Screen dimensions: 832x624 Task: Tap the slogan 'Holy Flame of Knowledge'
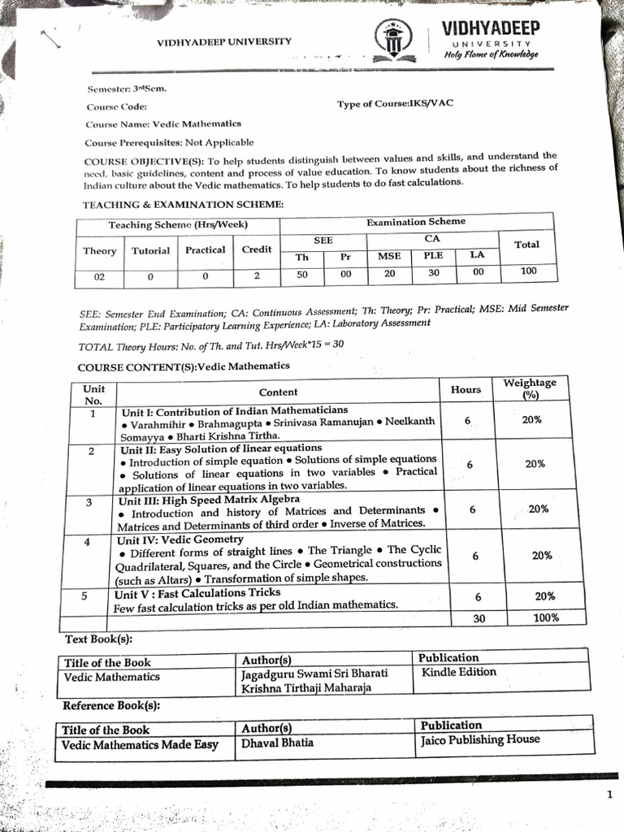point(490,54)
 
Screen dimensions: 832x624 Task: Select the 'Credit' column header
point(257,249)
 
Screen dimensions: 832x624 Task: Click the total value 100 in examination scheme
point(528,271)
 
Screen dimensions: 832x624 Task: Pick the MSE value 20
point(390,274)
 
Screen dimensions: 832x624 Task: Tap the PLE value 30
point(434,273)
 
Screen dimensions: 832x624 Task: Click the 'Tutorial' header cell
point(151,250)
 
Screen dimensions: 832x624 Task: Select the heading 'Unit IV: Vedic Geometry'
point(180,539)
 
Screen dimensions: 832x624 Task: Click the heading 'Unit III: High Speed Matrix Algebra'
point(210,499)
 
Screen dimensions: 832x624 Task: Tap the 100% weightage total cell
point(545,617)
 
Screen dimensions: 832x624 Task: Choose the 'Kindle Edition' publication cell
point(458,673)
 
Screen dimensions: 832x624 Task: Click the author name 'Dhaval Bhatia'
point(277,743)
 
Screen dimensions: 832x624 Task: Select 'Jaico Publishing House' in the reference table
point(479,739)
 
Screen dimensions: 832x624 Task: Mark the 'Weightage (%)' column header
point(530,388)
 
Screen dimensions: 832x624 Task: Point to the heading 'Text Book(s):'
point(98,639)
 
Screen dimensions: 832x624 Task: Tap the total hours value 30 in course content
point(478,619)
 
